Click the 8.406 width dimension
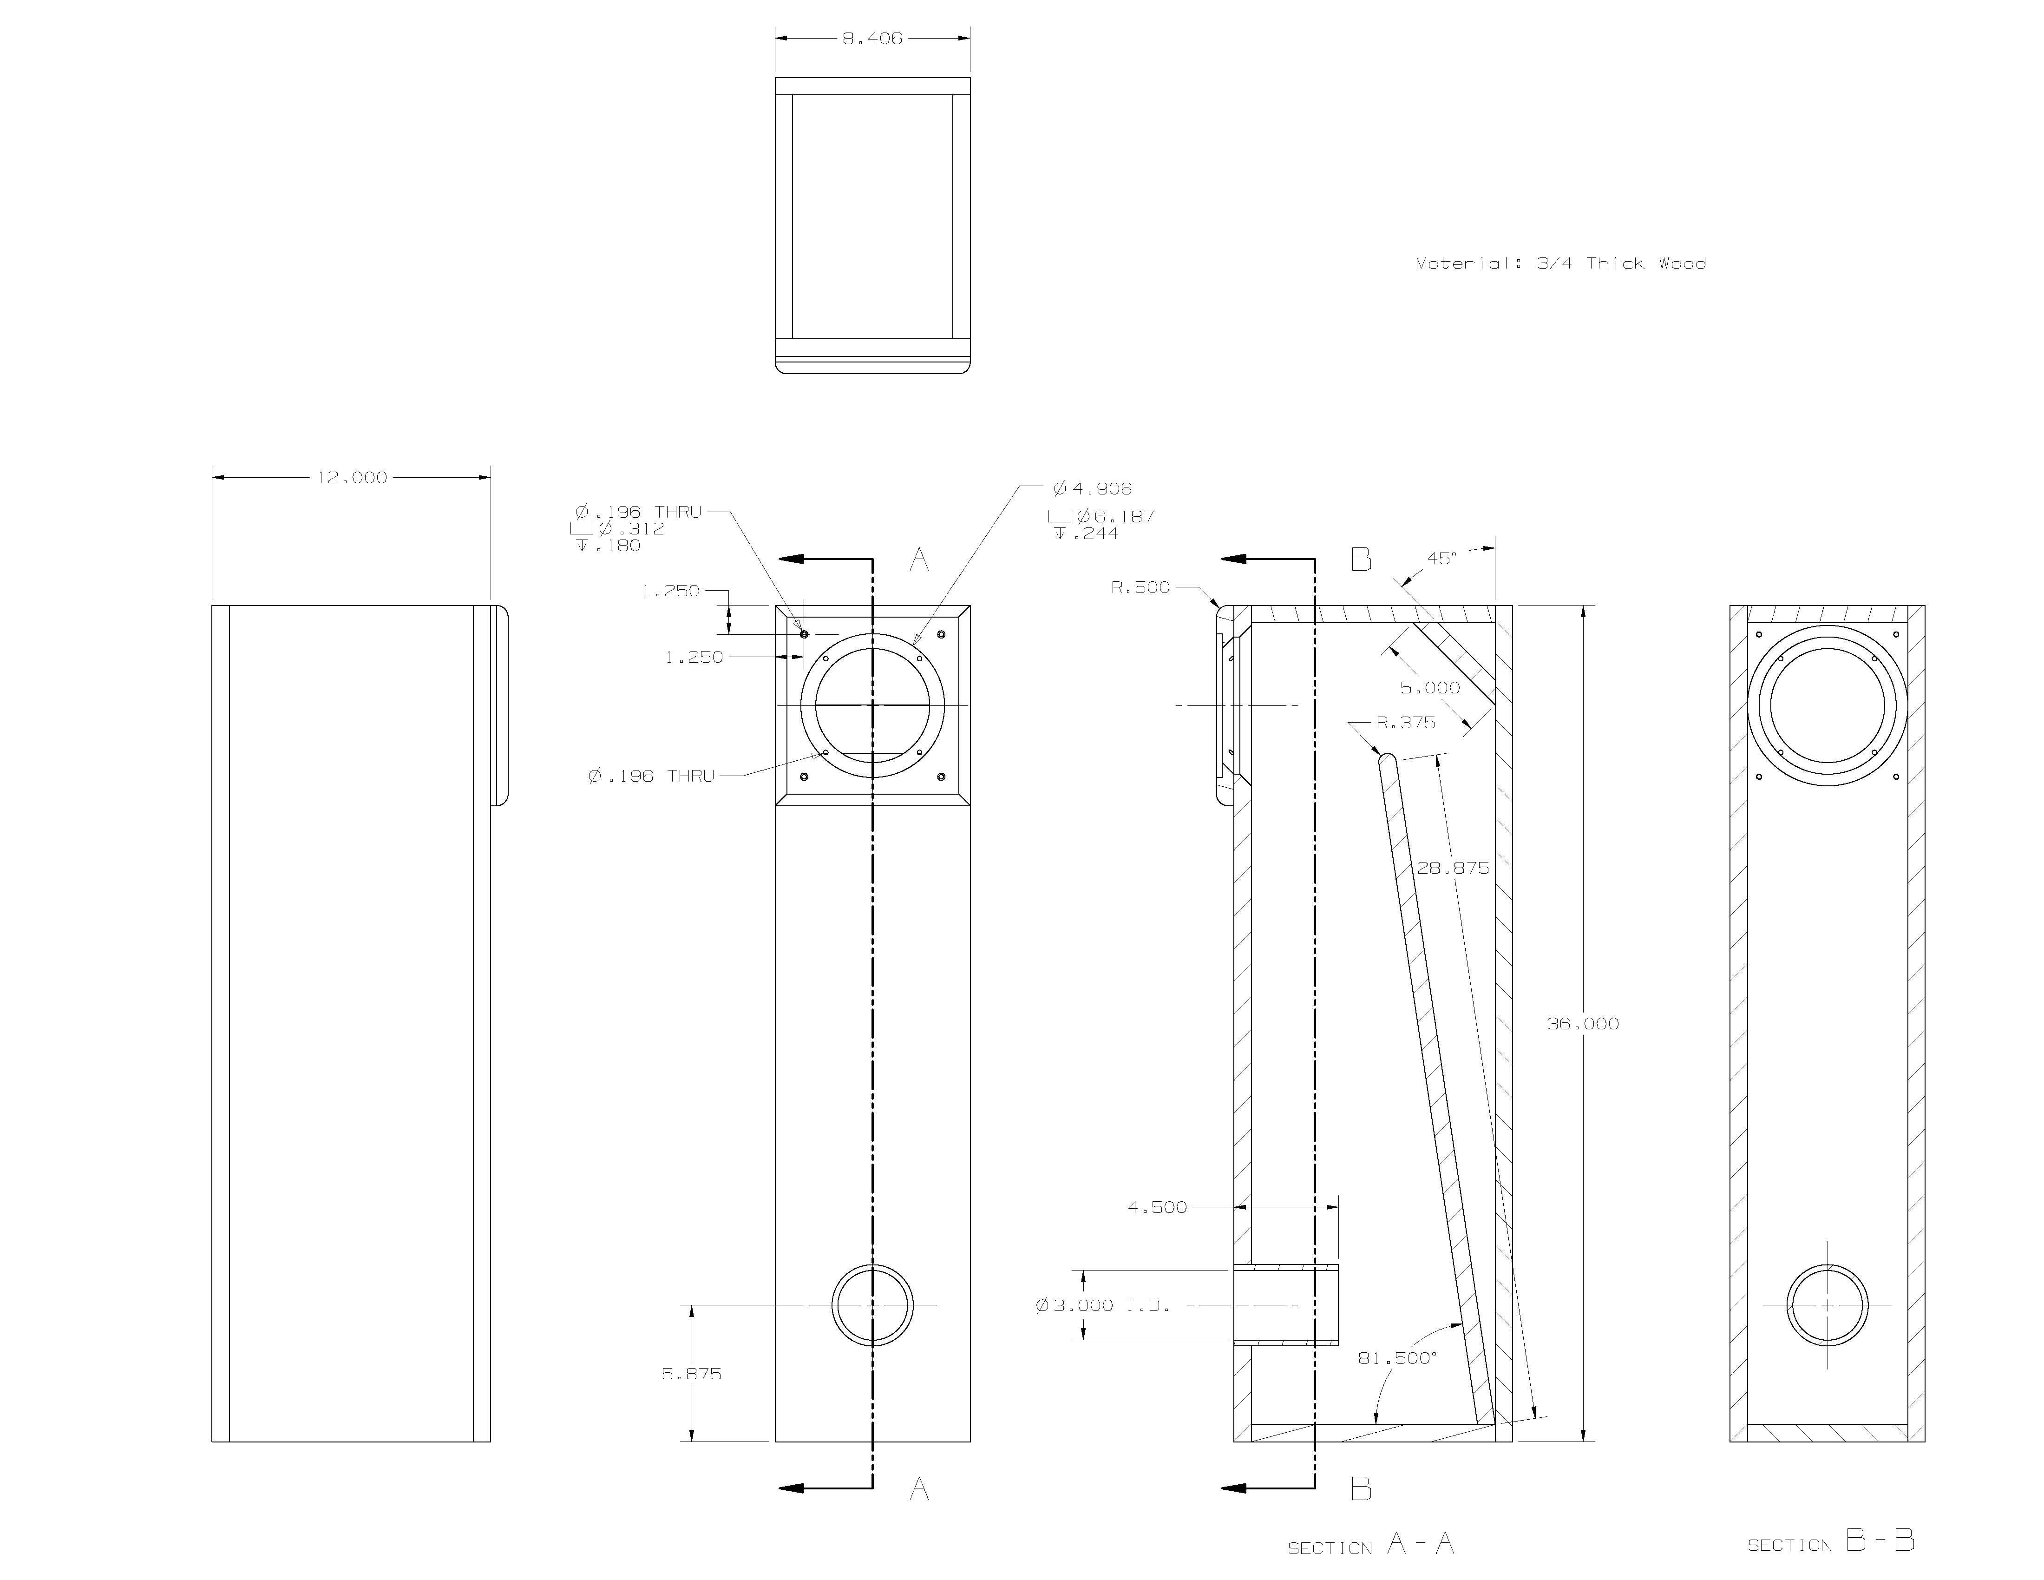(871, 39)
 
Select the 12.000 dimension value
(352, 477)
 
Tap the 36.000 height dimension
(1583, 1023)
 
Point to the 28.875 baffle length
(1453, 868)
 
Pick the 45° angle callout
(1441, 558)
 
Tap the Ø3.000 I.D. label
(1102, 1305)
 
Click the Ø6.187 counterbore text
(1104, 516)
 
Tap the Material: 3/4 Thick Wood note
(1560, 263)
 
